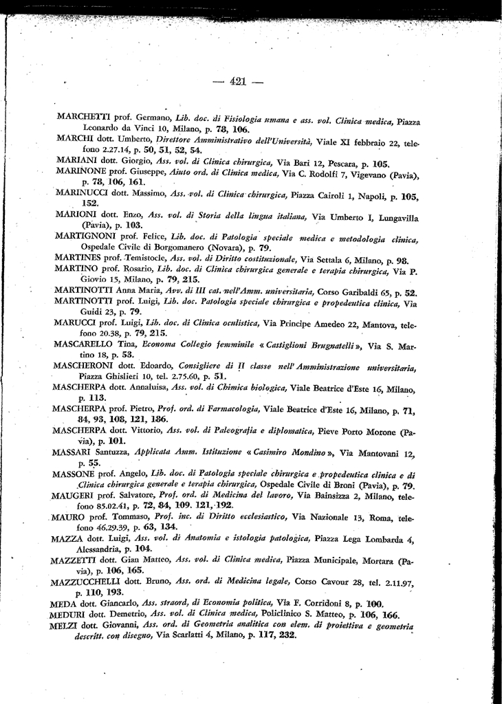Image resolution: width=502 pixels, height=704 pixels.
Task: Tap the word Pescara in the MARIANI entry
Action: (x=356, y=164)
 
